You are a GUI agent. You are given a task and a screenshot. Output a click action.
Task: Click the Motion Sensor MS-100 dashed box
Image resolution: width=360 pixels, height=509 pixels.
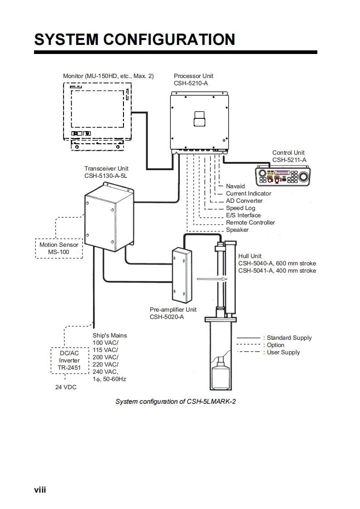pos(59,248)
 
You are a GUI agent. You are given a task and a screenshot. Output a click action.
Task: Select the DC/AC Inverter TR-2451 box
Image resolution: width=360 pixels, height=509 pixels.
pos(69,361)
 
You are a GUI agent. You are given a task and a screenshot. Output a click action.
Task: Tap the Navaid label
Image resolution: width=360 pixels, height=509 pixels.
pos(235,186)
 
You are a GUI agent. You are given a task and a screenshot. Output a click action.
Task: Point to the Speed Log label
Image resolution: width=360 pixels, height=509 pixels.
pos(241,208)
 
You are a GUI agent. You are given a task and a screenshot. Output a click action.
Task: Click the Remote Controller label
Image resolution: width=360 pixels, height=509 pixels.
pos(250,223)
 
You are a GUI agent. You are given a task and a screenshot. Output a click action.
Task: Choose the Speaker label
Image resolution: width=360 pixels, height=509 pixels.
pos(237,230)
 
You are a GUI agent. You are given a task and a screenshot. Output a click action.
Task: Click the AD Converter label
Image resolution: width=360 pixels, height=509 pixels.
pos(244,201)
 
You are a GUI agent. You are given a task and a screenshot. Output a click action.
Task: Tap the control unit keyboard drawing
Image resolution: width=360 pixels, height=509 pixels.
pos(283,176)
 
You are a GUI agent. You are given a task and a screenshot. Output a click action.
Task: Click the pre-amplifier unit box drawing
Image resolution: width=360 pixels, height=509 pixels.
pos(182,275)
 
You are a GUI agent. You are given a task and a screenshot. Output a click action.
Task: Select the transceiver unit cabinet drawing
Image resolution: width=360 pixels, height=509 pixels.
pos(109,217)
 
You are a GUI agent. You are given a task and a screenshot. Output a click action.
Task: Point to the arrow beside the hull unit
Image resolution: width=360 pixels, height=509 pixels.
pos(212,279)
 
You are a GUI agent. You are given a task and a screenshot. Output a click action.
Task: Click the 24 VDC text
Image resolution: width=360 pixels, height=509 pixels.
pos(66,387)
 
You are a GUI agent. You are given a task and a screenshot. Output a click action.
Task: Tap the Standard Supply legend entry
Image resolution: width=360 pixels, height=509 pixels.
pos(274,338)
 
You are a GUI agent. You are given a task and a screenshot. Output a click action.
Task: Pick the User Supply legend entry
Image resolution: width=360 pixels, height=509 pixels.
pos(268,352)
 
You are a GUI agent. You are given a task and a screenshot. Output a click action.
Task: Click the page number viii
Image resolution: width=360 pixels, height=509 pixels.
pos(40,490)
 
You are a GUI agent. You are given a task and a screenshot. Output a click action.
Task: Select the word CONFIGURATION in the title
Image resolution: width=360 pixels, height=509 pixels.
pos(169,39)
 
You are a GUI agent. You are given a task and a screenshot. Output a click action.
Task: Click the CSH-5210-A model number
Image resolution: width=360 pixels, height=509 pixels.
pos(191,83)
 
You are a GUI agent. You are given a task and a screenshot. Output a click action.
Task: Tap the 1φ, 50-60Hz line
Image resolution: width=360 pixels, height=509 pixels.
pos(109,379)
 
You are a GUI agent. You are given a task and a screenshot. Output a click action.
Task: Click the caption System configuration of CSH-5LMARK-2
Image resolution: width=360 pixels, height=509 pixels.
pos(175,401)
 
